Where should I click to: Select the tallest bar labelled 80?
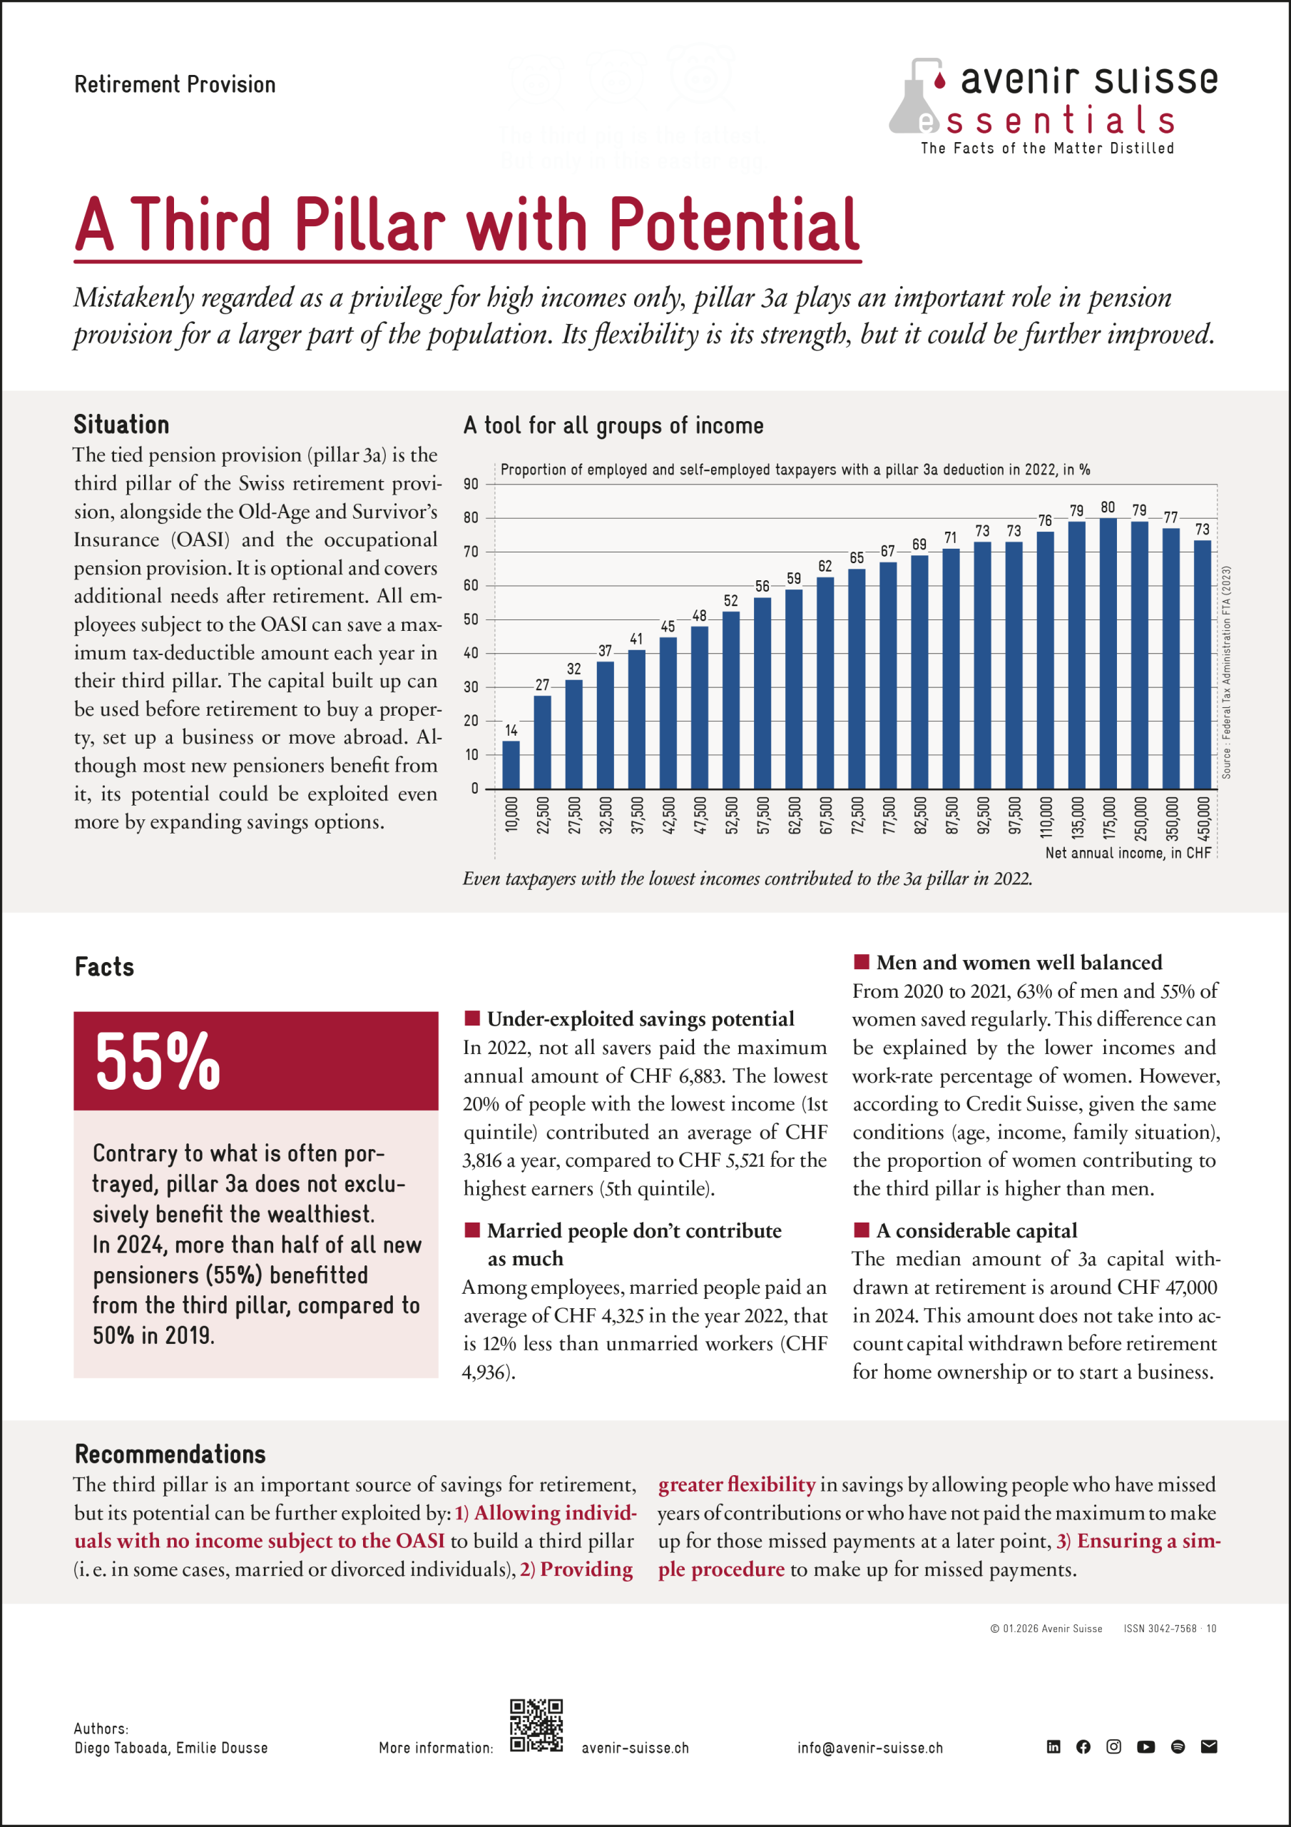(1107, 652)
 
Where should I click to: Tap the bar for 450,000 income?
(1202, 664)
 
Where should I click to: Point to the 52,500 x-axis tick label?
(731, 815)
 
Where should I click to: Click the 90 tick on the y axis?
(471, 485)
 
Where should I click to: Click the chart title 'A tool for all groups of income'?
(613, 426)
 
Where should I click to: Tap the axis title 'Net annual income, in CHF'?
(1127, 853)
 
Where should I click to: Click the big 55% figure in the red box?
(158, 1061)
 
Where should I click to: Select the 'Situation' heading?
(122, 424)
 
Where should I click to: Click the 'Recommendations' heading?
(170, 1454)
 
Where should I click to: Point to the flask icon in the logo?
(916, 97)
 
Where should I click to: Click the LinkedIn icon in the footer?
(1053, 1746)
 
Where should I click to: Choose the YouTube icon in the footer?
(1145, 1746)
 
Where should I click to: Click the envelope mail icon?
(1208, 1746)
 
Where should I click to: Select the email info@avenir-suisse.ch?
(869, 1748)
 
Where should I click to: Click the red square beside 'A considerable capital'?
(861, 1230)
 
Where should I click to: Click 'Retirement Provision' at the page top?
(175, 84)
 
